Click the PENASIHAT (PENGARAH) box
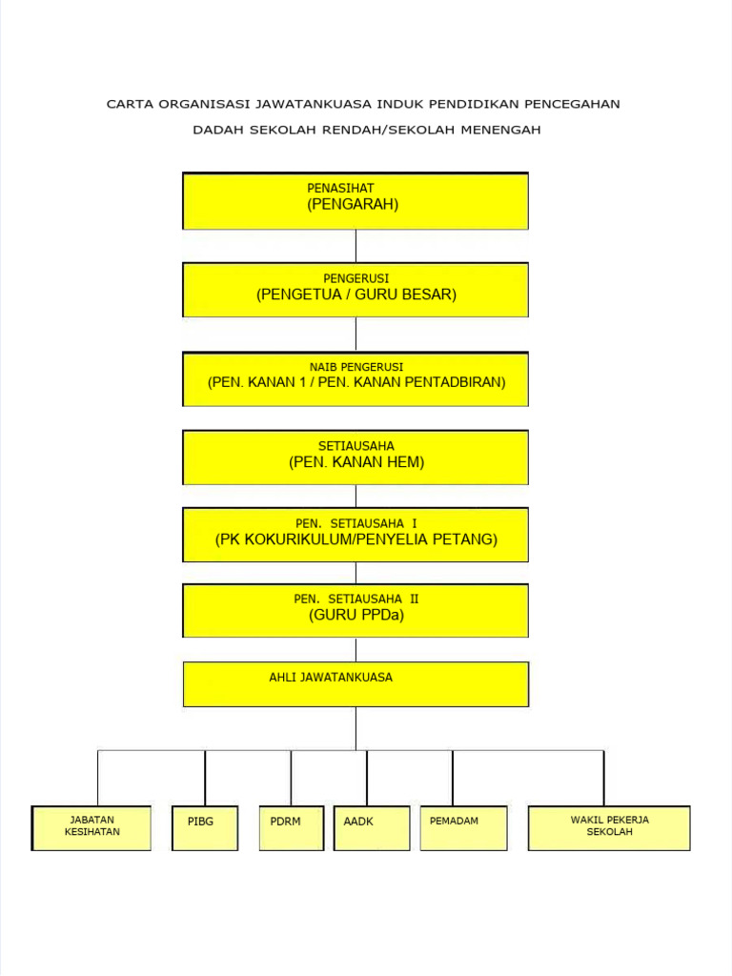click(356, 201)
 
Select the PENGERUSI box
click(356, 290)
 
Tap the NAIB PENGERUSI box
click(356, 379)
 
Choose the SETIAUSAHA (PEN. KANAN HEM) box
click(356, 457)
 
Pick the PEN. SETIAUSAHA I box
click(356, 535)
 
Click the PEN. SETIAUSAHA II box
click(356, 611)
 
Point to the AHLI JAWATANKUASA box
click(356, 684)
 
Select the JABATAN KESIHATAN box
click(91, 827)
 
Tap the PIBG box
click(205, 827)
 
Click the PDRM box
click(291, 827)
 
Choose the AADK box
click(372, 827)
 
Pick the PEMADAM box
click(463, 827)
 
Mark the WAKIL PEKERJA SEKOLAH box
click(609, 827)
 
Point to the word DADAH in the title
click(218, 130)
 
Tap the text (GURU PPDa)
click(356, 616)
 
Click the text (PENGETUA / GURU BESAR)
click(356, 295)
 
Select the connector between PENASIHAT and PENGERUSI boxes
click(356, 246)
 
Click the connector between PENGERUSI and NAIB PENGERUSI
click(356, 335)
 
